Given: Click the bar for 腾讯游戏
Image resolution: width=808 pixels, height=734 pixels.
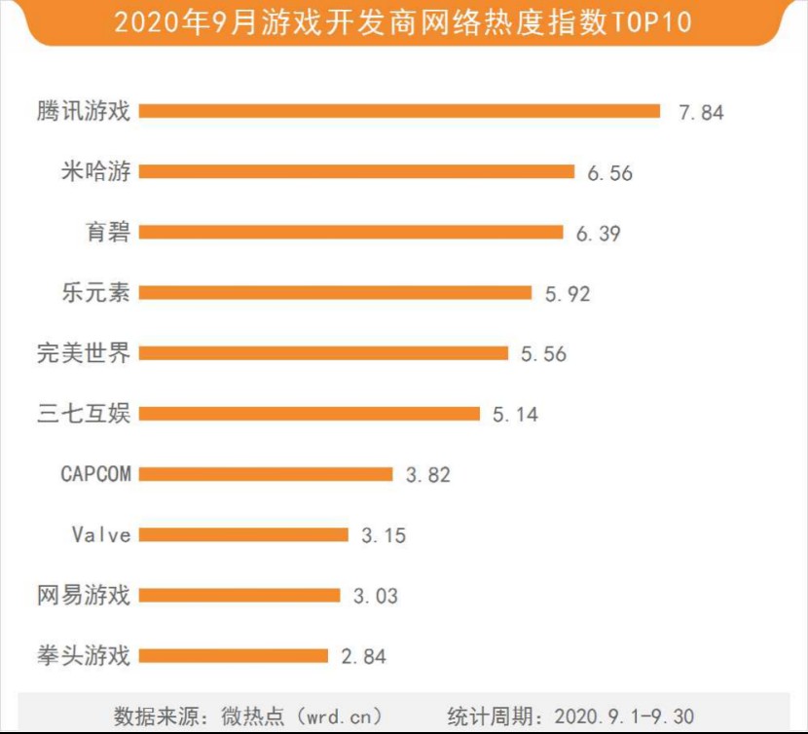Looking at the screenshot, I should point(399,111).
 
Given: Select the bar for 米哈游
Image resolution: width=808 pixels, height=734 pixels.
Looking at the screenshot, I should point(356,172).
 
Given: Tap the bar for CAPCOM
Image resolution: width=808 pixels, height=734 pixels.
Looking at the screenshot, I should point(265,474).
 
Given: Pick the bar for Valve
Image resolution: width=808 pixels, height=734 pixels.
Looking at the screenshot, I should point(243,534).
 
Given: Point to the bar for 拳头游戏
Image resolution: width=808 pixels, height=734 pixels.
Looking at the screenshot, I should point(234,656).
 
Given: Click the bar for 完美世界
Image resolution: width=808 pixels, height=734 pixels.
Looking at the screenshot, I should point(323,353).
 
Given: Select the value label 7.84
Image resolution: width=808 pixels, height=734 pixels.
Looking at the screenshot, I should point(701,112).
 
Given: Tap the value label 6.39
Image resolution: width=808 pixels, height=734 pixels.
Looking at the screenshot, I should point(598,234).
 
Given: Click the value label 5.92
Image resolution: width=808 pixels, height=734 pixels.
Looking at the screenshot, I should point(568,293).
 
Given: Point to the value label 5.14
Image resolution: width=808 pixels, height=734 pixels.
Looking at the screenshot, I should point(515,415).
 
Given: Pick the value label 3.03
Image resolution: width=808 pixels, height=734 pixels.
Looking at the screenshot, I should point(375,596).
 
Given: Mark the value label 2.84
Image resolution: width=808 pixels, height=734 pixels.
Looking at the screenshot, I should point(363,657).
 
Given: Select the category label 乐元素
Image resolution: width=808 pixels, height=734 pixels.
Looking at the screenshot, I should point(95,292).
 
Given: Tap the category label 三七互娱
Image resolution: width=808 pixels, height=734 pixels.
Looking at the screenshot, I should point(84,413).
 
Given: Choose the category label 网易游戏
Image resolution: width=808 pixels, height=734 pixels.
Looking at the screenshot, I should point(84,595).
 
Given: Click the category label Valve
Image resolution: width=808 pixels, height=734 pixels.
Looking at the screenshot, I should point(101,534).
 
